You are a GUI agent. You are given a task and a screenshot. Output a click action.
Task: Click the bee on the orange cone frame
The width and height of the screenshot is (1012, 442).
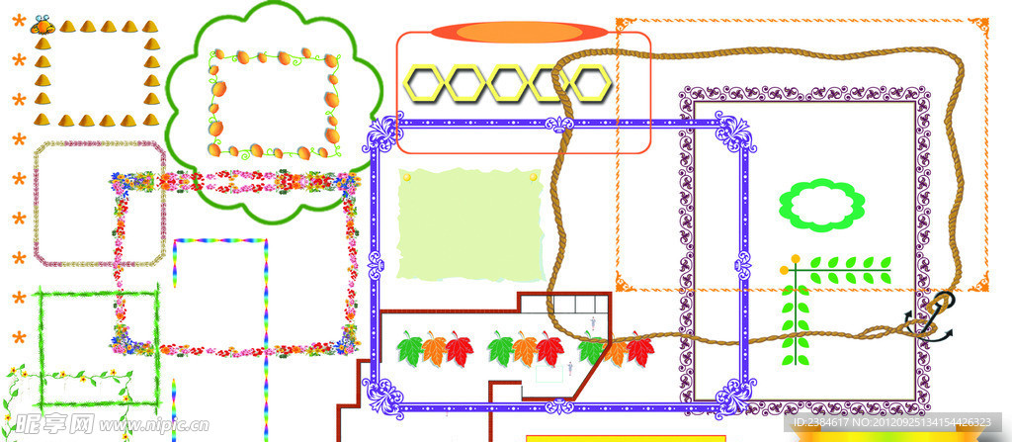pyautogui.click(x=42, y=25)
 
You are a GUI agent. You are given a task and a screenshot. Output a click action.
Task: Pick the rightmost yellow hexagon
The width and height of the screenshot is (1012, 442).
pyautogui.click(x=590, y=82)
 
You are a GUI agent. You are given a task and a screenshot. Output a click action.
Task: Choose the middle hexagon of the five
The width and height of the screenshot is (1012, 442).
pyautogui.click(x=509, y=82)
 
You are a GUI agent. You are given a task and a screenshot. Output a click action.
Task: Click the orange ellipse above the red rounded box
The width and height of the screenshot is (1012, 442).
pyautogui.click(x=517, y=33)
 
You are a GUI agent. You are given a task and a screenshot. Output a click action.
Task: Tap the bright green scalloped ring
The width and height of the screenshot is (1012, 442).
pyautogui.click(x=821, y=204)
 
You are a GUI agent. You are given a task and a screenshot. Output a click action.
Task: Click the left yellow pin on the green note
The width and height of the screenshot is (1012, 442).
pyautogui.click(x=406, y=177)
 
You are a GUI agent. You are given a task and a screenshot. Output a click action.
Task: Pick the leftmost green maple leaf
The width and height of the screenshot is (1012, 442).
pyautogui.click(x=410, y=348)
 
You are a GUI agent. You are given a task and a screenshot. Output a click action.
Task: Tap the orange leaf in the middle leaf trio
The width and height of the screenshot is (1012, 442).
pyautogui.click(x=524, y=348)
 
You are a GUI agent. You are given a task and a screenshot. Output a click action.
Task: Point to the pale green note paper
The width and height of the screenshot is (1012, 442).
pyautogui.click(x=470, y=224)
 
